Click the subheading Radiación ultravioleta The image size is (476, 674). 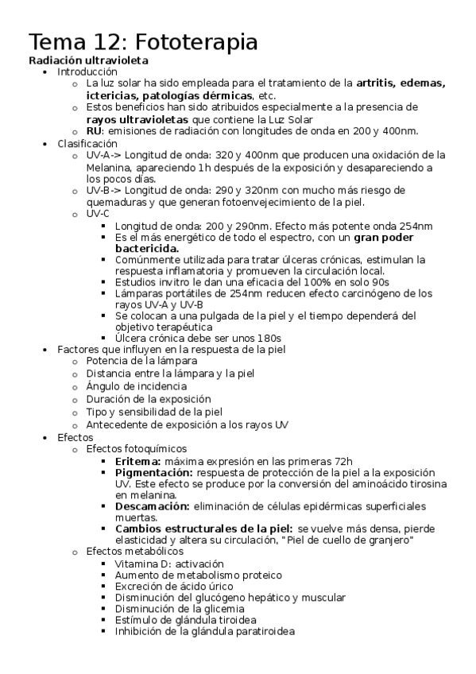[88, 60]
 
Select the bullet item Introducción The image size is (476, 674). [87, 72]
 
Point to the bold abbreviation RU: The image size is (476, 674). [95, 131]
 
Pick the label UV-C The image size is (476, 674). [99, 214]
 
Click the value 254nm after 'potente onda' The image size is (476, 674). [414, 227]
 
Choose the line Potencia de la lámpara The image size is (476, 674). [130, 361]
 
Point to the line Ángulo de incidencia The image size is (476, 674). [131, 385]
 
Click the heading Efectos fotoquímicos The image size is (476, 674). [137, 449]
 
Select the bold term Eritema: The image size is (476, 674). [138, 461]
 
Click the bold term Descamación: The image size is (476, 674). [152, 506]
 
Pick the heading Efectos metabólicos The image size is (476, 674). [134, 551]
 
